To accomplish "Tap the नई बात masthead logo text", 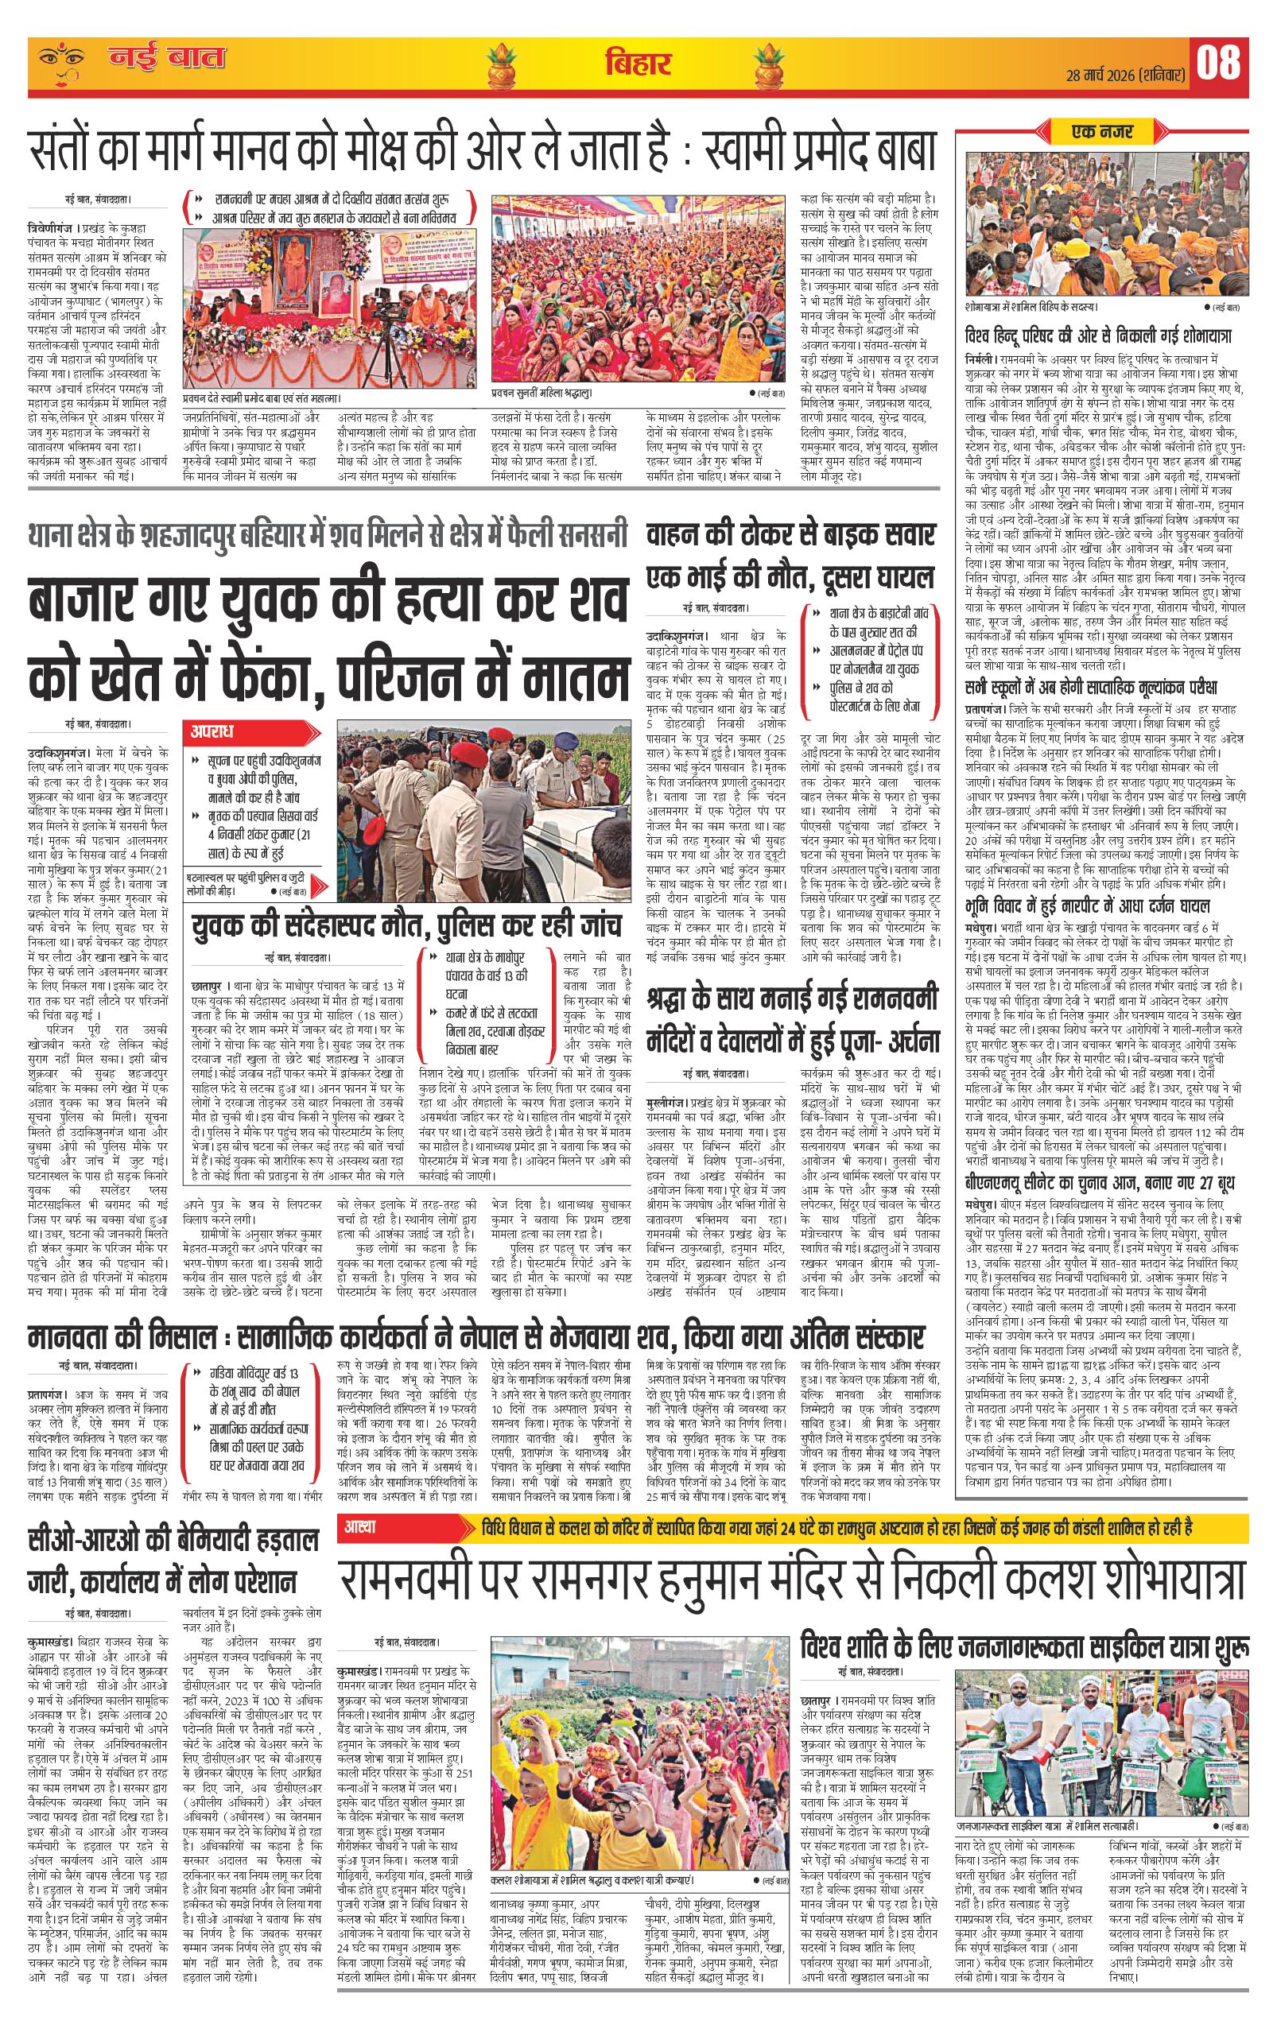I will coord(166,60).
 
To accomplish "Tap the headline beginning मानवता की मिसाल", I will coord(476,1336).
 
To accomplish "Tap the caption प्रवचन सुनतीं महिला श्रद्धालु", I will coord(542,393).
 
